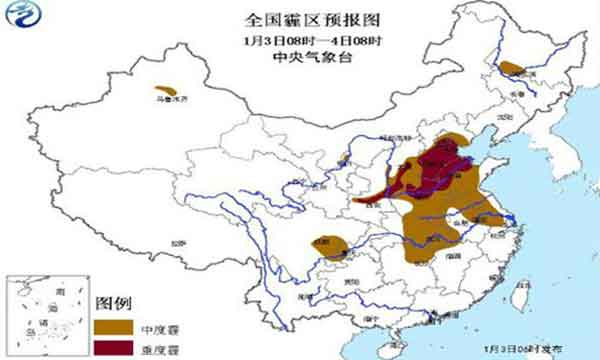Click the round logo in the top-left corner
22,21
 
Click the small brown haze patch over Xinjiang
168,91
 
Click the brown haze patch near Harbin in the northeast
511,68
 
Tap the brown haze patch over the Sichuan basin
333,244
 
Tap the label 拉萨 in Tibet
177,243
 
